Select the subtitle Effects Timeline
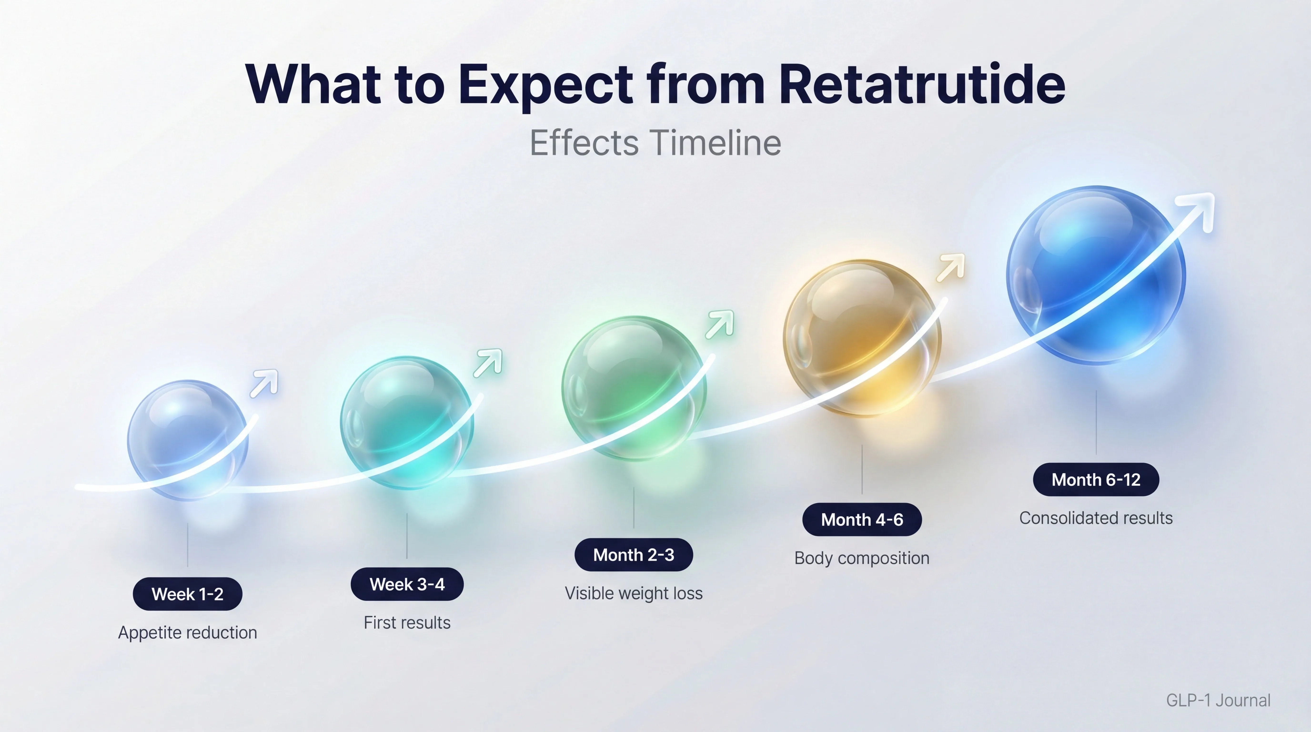[655, 143]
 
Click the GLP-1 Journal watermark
[1218, 701]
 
